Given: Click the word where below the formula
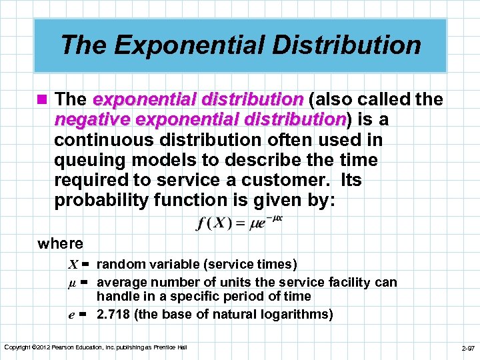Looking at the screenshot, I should click(x=60, y=244).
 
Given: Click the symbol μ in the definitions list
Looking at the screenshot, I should click(x=72, y=282).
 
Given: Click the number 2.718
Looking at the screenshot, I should click(x=114, y=314).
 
